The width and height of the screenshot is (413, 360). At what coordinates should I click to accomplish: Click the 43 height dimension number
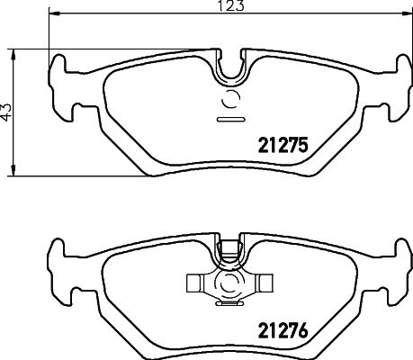pyautogui.click(x=8, y=112)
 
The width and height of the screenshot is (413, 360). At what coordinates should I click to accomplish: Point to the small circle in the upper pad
pyautogui.click(x=230, y=101)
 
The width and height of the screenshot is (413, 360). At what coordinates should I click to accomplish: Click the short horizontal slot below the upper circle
pyautogui.click(x=230, y=118)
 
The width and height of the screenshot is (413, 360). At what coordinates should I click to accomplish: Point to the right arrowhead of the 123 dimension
pyautogui.click(x=403, y=15)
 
